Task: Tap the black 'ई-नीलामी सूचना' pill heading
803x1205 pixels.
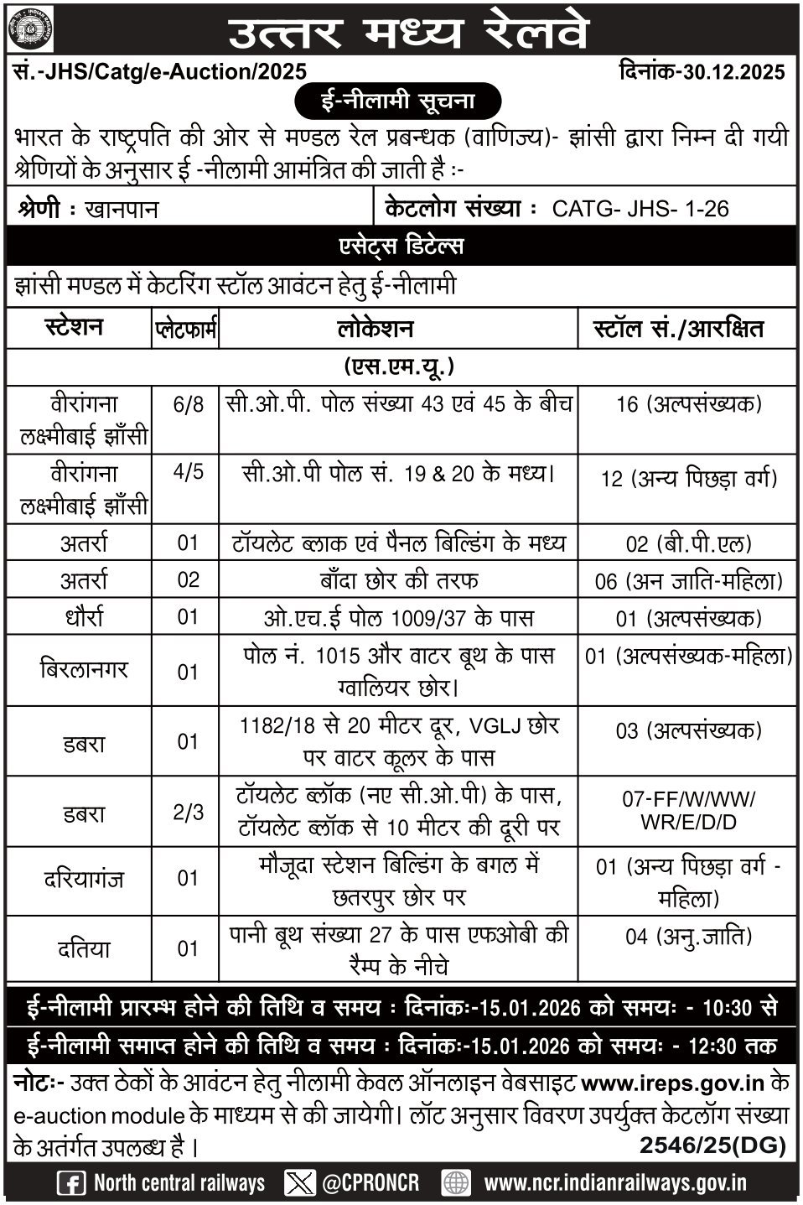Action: (399, 101)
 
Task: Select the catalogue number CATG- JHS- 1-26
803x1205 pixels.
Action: (640, 209)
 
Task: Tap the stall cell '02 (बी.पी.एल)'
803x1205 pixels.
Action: (686, 544)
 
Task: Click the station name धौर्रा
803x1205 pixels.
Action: (82, 618)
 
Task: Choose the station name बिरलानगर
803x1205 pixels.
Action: (82, 671)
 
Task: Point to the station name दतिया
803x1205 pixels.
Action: (82, 949)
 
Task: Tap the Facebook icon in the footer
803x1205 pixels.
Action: (70, 1183)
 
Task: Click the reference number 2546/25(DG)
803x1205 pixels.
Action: (712, 1145)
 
